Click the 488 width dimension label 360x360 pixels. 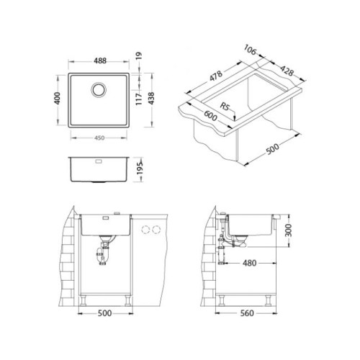pos(100,60)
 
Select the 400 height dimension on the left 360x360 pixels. pos(58,98)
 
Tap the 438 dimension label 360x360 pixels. pos(151,99)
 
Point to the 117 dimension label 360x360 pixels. pos(139,99)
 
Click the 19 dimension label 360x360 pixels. pos(139,56)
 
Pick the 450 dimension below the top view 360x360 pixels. pos(99,138)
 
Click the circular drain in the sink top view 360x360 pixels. pos(99,90)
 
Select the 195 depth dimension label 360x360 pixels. pos(140,168)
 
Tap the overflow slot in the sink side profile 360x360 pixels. pos(99,161)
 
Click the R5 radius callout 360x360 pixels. pos(225,107)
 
